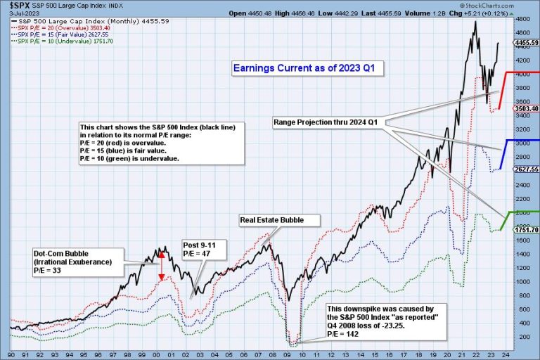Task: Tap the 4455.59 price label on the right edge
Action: click(x=526, y=42)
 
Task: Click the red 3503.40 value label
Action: click(x=526, y=108)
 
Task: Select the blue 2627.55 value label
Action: click(x=526, y=169)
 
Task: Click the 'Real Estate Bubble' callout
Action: click(x=272, y=220)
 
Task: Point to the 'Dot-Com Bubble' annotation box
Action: click(x=75, y=262)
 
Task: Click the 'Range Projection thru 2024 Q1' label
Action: click(x=326, y=122)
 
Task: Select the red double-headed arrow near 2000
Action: click(x=162, y=265)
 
